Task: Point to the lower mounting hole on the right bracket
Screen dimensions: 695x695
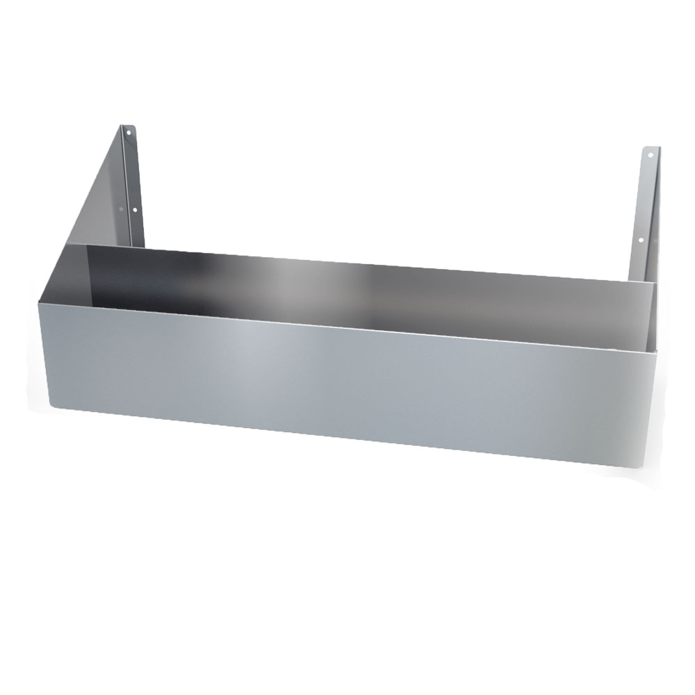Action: tap(641, 241)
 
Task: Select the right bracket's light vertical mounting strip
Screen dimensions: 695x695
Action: tap(645, 208)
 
